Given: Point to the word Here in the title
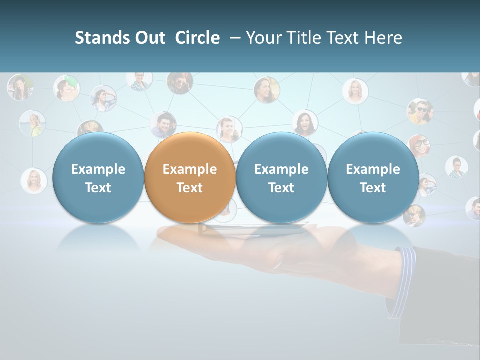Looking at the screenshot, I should coord(383,38).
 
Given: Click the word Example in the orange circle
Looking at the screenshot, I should coord(190,169).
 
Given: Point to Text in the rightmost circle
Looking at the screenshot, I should coord(373,188).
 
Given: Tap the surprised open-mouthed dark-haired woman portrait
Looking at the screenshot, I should coord(305,122).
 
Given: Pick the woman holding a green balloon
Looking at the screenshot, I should coord(66,88).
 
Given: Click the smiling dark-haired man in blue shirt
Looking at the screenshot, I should coord(163,124).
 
